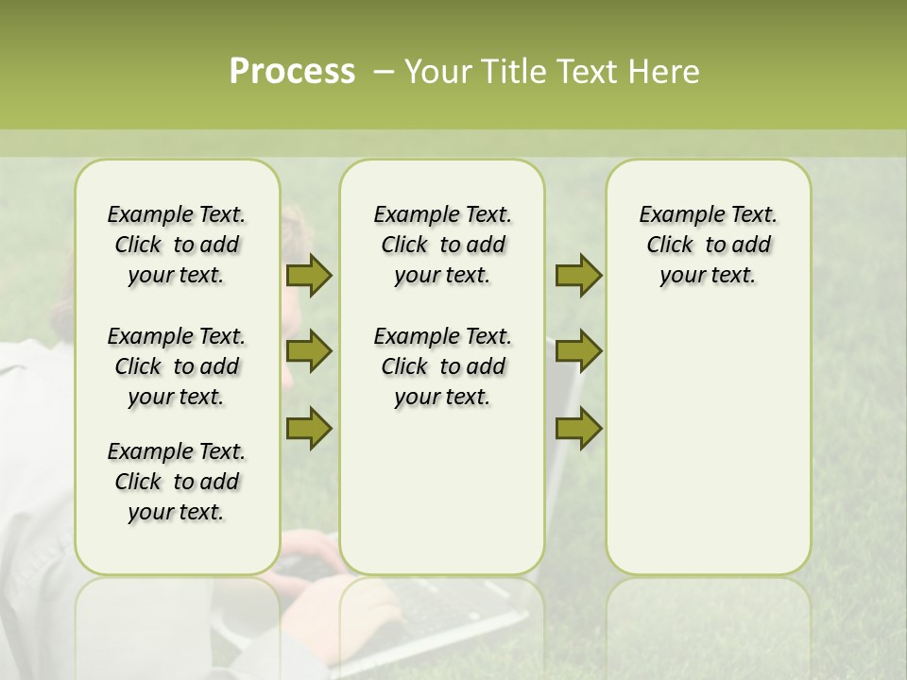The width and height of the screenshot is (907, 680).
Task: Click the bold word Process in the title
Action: [292, 72]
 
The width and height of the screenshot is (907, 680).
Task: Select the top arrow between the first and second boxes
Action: [309, 275]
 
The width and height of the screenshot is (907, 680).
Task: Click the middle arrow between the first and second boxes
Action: [309, 351]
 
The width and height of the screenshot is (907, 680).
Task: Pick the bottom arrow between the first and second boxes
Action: [309, 429]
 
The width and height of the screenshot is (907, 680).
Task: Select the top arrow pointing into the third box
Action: [578, 275]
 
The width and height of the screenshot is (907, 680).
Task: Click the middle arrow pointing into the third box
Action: [578, 351]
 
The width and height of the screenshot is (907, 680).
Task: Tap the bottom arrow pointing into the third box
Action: [578, 429]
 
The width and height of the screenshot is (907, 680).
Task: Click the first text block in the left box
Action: [177, 245]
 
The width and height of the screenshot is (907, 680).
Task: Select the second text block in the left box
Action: [177, 366]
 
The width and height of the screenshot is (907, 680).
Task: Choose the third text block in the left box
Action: [177, 482]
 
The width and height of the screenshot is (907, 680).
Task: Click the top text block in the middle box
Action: [442, 245]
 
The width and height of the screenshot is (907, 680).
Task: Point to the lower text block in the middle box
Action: [442, 366]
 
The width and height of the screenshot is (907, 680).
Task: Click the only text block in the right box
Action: [708, 245]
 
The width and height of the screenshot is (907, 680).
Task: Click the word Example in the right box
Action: [675, 215]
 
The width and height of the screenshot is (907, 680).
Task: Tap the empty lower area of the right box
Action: [708, 444]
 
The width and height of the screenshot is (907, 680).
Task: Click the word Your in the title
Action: [436, 72]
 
